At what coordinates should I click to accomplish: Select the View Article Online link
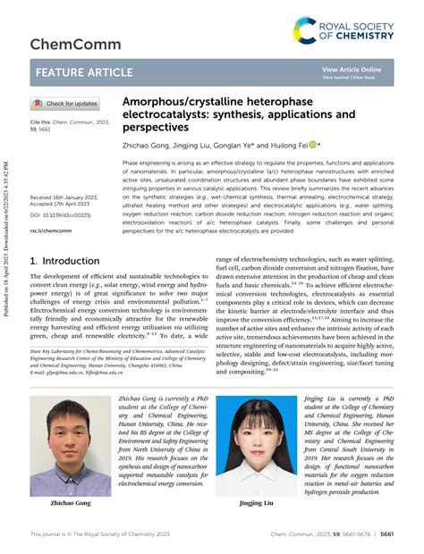(351, 69)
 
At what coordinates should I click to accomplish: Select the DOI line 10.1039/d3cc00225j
(61, 214)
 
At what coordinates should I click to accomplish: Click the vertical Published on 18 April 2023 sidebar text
(8, 241)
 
